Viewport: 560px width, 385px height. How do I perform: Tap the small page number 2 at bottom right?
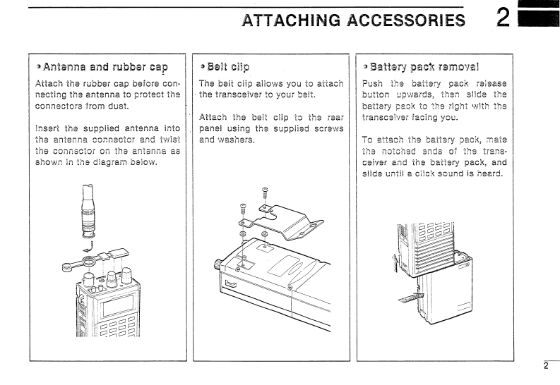[x=545, y=366]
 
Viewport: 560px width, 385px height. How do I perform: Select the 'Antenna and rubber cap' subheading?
[x=102, y=67]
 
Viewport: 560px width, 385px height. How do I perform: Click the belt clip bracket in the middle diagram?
[x=286, y=219]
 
